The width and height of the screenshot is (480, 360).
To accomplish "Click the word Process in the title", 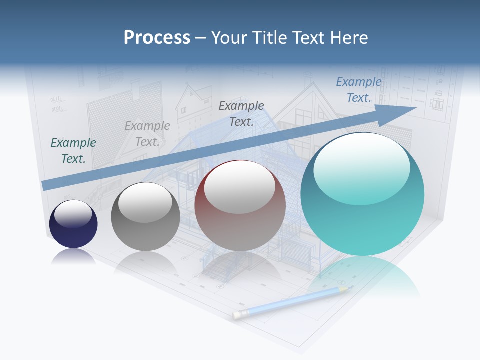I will click(157, 37).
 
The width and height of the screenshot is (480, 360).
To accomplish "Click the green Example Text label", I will click(73, 150).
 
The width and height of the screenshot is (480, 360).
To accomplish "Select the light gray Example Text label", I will click(147, 133).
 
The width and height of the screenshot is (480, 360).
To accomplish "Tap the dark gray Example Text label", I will click(241, 113).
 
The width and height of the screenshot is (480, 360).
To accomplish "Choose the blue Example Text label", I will click(359, 89).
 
